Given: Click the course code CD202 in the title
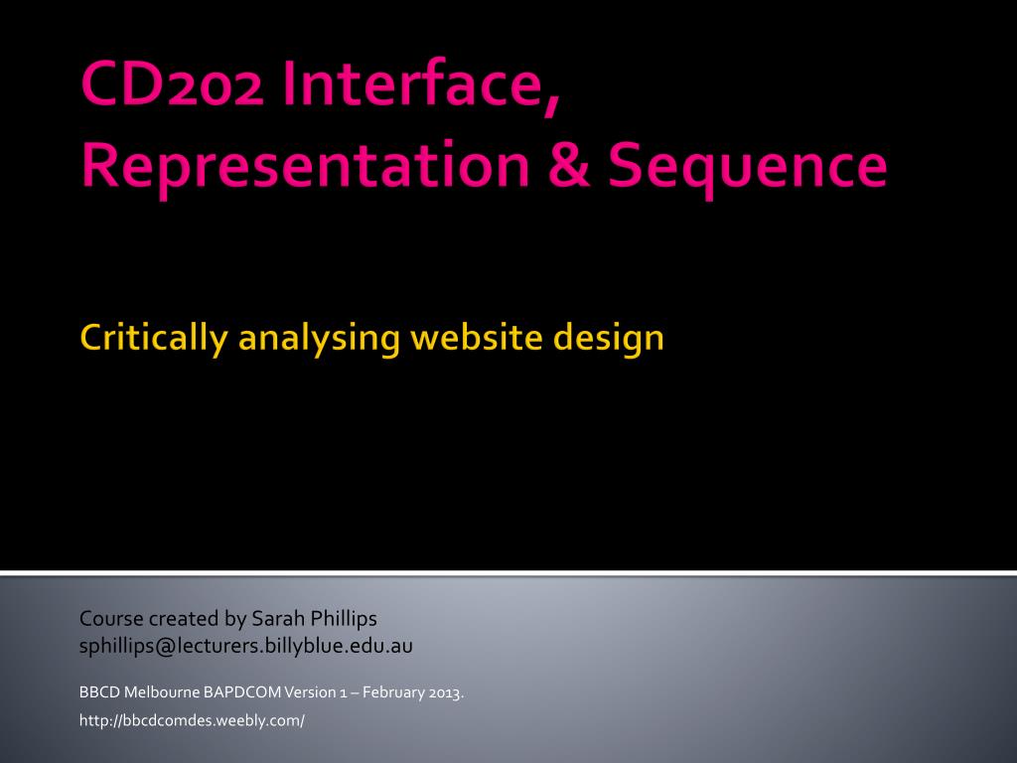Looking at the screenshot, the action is coord(173,83).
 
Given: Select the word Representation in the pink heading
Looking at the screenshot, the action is coord(306,165).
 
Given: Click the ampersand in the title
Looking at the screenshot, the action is coord(569,165).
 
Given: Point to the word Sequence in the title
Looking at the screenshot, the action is coord(747,166).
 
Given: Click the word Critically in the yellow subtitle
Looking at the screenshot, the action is coord(154,338).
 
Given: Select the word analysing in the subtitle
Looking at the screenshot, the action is coord(319,340).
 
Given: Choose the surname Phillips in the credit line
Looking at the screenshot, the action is coord(344,619).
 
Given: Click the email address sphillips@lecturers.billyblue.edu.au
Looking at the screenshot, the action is coord(246,646).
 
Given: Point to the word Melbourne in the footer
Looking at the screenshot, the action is coord(162,692).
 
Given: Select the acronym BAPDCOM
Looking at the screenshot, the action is coord(242,692).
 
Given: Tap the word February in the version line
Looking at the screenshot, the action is coord(393,692).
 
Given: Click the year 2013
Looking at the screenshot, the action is coord(446,692).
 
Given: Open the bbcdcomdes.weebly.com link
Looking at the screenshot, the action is coord(192,720).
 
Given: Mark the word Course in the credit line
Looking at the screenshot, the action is coord(111,618).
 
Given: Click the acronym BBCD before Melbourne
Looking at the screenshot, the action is coord(99,692).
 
